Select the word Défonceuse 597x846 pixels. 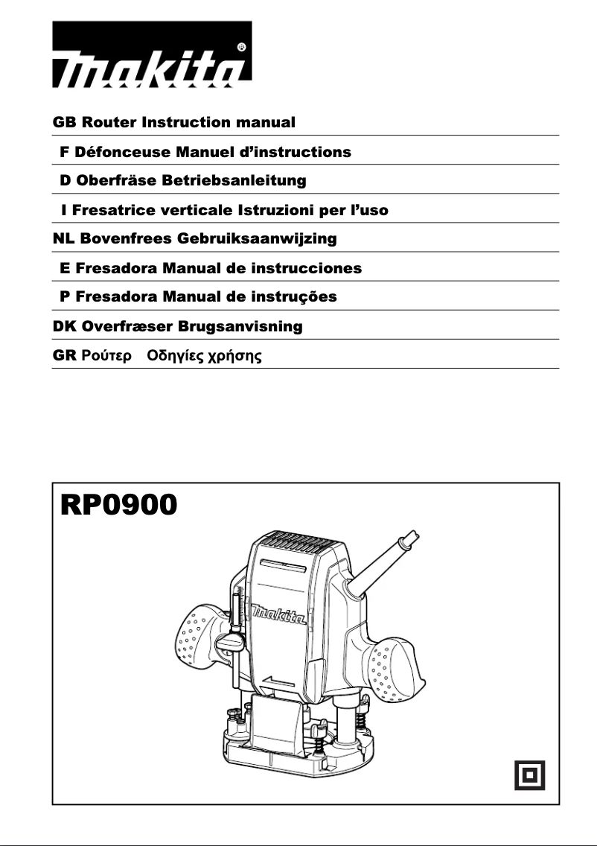(x=123, y=152)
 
